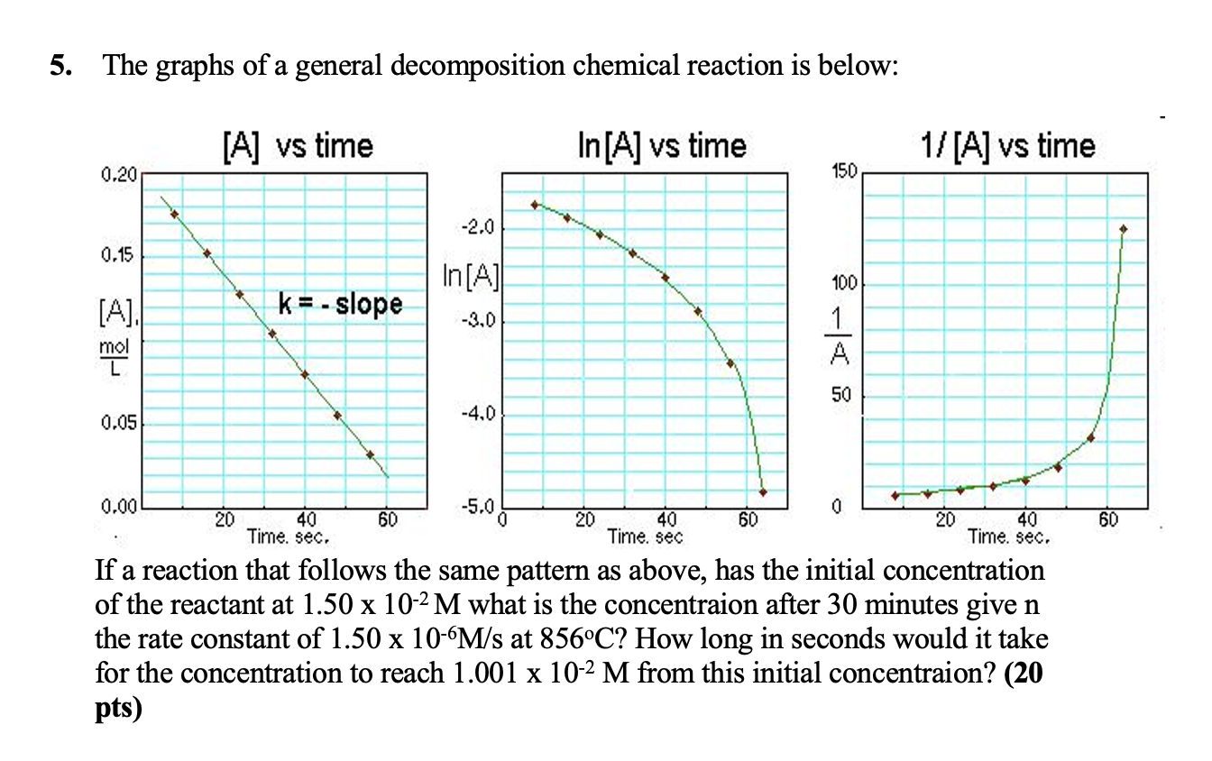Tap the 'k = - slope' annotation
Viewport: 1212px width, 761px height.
pos(340,303)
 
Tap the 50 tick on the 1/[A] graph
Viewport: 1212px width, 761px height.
pos(844,396)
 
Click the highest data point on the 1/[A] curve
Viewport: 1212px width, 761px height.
pos(1123,229)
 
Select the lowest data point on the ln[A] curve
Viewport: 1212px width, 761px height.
pos(763,492)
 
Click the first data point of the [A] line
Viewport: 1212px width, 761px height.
pos(174,214)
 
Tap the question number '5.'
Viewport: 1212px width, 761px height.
pos(60,67)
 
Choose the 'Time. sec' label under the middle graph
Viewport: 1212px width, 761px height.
pos(646,537)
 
